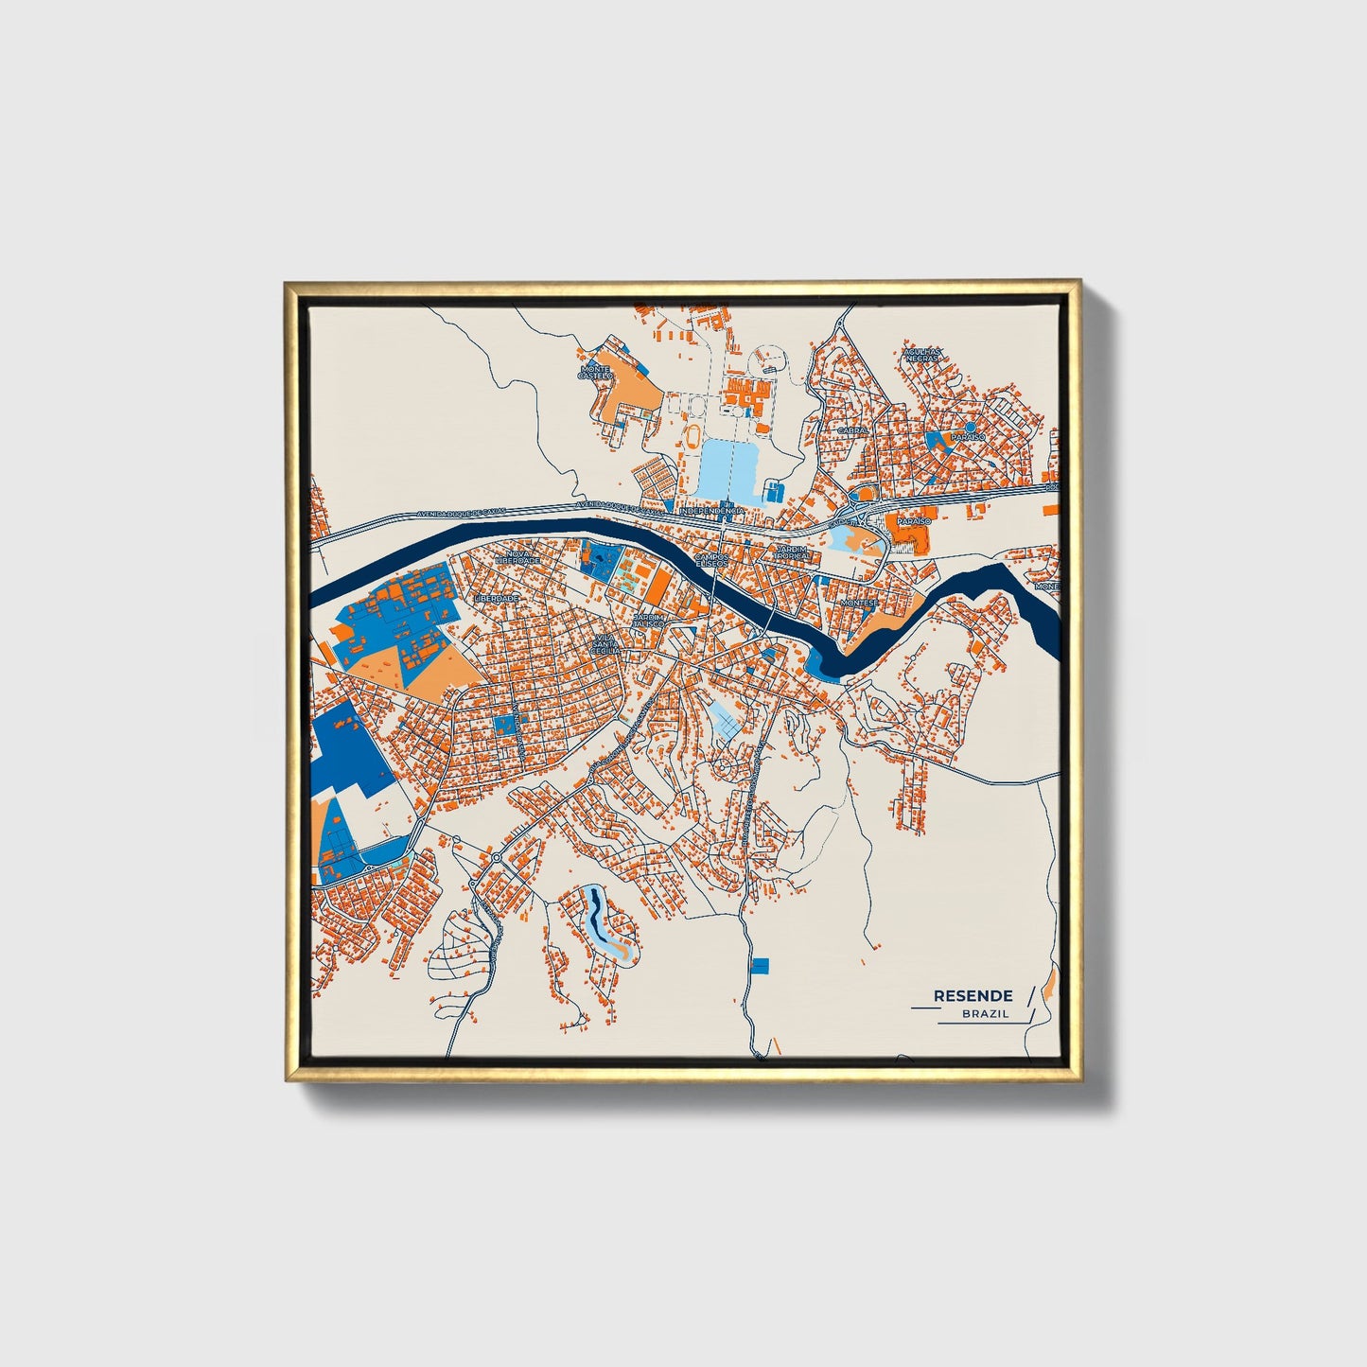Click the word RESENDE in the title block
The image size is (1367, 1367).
pyautogui.click(x=973, y=995)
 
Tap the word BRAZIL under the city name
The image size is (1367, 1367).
pyautogui.click(x=985, y=1014)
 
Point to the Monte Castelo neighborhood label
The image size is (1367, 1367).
pyautogui.click(x=596, y=372)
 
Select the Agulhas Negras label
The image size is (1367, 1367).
pyautogui.click(x=921, y=354)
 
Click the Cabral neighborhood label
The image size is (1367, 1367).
pyautogui.click(x=852, y=430)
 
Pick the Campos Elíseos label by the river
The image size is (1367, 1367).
pyautogui.click(x=711, y=560)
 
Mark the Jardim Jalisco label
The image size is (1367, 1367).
pyautogui.click(x=649, y=620)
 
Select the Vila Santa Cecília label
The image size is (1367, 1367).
pyautogui.click(x=605, y=644)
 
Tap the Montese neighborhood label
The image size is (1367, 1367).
pyautogui.click(x=859, y=602)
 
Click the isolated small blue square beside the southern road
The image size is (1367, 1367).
pyautogui.click(x=761, y=965)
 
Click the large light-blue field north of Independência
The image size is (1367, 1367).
pyautogui.click(x=728, y=468)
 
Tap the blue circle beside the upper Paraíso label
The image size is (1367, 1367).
pyautogui.click(x=970, y=428)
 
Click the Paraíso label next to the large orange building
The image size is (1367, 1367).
pyautogui.click(x=914, y=521)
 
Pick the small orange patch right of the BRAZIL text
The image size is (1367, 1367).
pyautogui.click(x=1049, y=989)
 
